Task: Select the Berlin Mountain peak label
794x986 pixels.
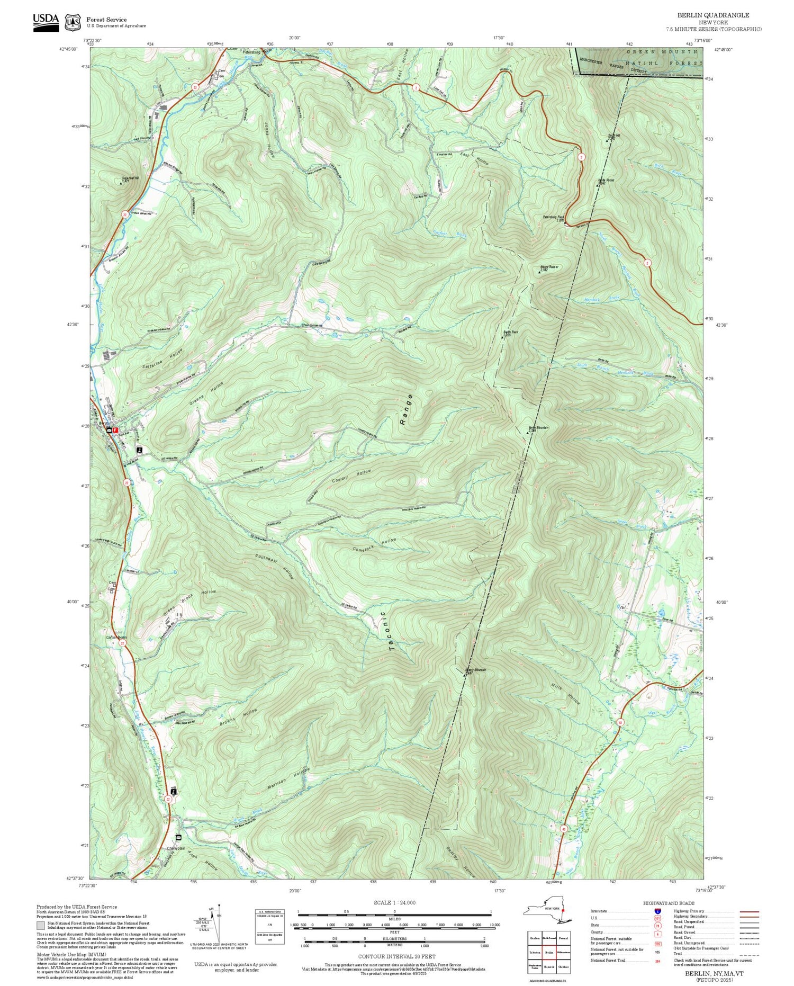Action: point(538,428)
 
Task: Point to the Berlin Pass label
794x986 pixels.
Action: point(510,333)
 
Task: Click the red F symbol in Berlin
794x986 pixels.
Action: point(115,431)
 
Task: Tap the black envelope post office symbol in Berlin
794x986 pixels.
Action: point(109,431)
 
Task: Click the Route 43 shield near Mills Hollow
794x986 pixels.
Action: point(620,722)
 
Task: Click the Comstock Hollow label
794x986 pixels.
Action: point(374,545)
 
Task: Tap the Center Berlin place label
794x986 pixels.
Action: point(116,637)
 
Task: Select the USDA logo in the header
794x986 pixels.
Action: point(46,22)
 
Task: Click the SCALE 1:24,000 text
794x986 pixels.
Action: point(394,902)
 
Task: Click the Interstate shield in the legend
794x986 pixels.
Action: point(657,911)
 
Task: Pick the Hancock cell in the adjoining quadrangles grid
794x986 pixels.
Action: point(549,966)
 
